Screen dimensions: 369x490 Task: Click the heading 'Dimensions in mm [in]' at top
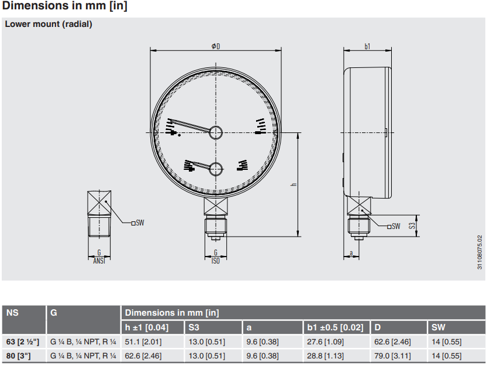[x=65, y=7]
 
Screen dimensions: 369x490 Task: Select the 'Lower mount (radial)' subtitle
[x=49, y=25]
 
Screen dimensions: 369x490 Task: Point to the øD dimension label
[x=216, y=46]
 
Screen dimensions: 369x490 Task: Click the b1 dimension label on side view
[x=367, y=46]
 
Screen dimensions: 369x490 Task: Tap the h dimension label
[x=294, y=184]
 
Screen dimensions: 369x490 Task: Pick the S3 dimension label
[x=411, y=225]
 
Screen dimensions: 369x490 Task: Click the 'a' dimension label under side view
[x=350, y=253]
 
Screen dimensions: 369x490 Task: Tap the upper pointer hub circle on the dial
[x=216, y=132]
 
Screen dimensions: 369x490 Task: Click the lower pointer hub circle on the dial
[x=216, y=169]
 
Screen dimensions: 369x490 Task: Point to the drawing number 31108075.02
[x=480, y=252]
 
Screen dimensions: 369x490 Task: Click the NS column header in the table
[x=12, y=313]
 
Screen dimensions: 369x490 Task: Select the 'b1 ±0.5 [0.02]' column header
[x=335, y=327]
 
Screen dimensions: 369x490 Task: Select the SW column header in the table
[x=438, y=327]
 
